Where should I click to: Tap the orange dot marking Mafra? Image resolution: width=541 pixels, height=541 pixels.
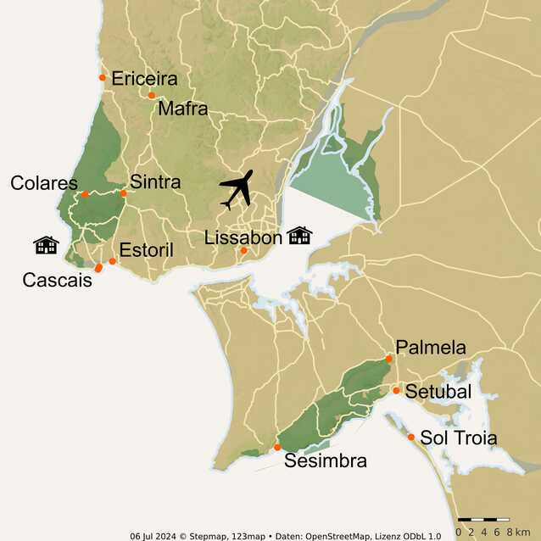click(x=152, y=95)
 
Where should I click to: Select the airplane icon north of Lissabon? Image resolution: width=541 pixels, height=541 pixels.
click(x=237, y=190)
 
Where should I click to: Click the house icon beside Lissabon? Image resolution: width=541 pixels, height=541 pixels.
click(x=299, y=235)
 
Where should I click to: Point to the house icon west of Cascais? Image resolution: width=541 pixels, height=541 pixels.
click(x=46, y=245)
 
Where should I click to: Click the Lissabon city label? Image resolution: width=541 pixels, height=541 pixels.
click(x=243, y=237)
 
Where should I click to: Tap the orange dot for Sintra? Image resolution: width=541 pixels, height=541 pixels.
click(x=123, y=193)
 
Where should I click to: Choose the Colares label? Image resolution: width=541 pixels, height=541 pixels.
click(x=44, y=183)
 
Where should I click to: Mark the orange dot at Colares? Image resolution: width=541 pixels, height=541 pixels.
click(x=85, y=194)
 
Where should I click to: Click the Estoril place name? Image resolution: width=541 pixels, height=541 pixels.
click(x=147, y=250)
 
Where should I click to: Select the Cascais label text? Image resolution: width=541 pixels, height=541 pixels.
click(x=58, y=280)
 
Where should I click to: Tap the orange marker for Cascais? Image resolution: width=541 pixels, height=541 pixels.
click(x=98, y=268)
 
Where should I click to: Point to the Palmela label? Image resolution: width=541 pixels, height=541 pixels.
click(x=431, y=348)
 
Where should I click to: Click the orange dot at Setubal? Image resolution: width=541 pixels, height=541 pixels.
click(x=396, y=390)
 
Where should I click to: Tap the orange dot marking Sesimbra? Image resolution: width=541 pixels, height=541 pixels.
click(x=277, y=447)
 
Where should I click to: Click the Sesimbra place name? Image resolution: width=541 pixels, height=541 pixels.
click(x=326, y=461)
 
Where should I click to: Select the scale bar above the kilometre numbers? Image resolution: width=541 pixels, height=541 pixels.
click(x=483, y=518)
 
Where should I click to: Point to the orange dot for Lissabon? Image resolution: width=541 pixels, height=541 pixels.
click(x=243, y=250)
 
